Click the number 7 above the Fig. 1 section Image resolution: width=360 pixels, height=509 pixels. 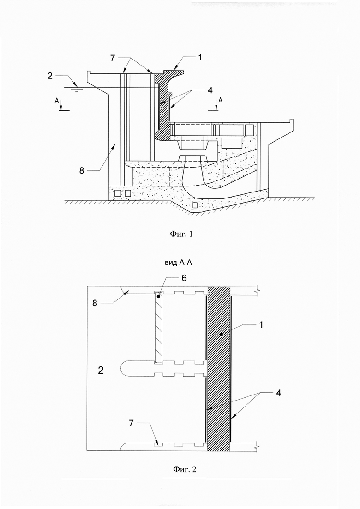(x=112, y=58)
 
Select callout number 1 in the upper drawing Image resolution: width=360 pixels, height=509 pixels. (x=200, y=58)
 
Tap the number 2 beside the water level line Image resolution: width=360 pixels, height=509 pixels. (x=50, y=75)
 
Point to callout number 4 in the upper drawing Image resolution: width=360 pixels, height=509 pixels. (x=210, y=90)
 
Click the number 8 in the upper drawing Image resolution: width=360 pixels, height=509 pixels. (x=82, y=170)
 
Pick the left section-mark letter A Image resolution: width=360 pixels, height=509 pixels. (x=57, y=101)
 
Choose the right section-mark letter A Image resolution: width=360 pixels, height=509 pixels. (x=221, y=101)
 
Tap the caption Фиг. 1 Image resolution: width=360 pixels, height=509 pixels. (x=181, y=234)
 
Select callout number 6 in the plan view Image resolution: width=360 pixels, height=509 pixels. (x=184, y=278)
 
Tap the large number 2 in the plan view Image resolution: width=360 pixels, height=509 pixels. (x=101, y=370)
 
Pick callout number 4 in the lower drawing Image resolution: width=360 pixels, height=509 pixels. (x=278, y=393)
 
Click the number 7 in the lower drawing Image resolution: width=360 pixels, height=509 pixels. (x=132, y=423)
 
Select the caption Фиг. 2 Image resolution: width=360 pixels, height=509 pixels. (x=185, y=469)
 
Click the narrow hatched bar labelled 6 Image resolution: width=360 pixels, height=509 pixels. (x=159, y=327)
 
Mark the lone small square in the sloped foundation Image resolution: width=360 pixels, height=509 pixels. (x=195, y=205)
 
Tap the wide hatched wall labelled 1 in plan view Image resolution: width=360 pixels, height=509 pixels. (x=219, y=369)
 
